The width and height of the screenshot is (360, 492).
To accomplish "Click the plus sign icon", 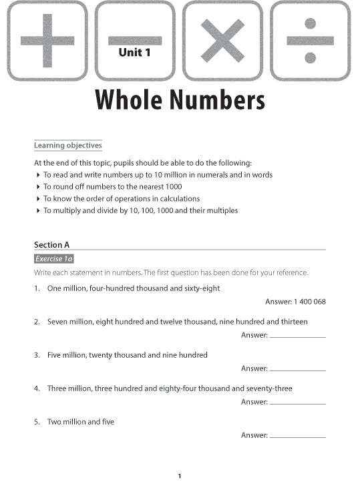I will (47, 40).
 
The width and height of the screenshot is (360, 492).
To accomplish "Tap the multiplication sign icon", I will (222, 40).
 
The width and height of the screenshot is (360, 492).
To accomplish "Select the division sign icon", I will (310, 40).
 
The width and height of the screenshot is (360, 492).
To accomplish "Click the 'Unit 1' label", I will (135, 52).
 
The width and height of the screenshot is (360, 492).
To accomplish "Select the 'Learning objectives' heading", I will (68, 146).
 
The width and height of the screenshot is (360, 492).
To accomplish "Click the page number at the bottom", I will (180, 476).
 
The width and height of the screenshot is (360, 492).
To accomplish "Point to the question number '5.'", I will (37, 422).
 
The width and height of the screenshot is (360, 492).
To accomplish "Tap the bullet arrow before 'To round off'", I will (37, 187).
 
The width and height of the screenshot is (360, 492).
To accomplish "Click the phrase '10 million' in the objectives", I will (184, 175).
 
